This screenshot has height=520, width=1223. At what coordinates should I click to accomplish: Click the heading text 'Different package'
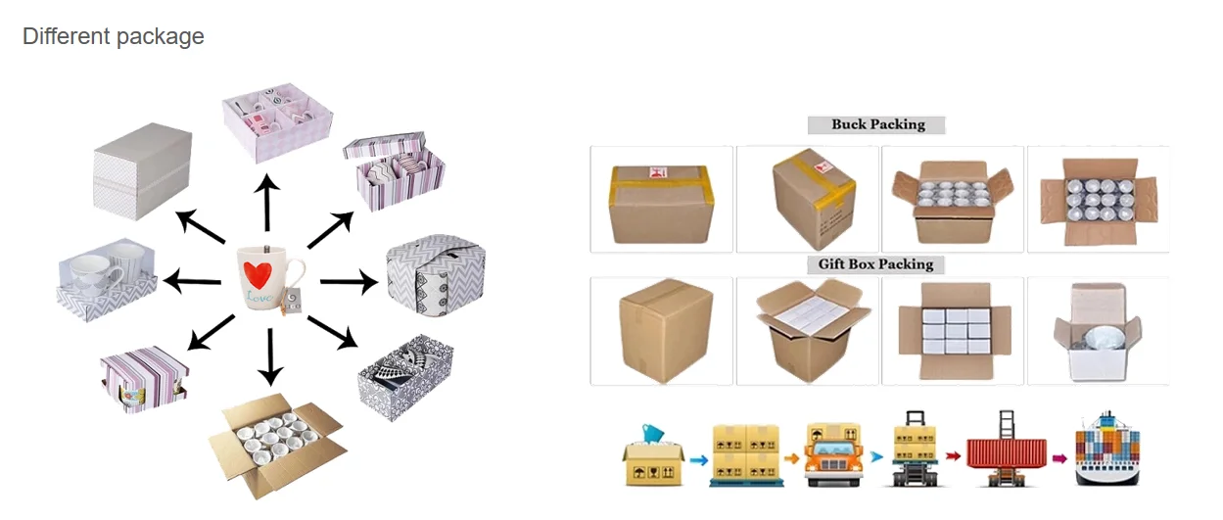click(x=114, y=37)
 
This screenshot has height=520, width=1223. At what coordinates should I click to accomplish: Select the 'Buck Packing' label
click(x=877, y=124)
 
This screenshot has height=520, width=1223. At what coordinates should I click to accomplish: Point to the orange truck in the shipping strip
click(x=832, y=455)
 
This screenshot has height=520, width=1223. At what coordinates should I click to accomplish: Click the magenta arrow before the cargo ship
click(x=1058, y=457)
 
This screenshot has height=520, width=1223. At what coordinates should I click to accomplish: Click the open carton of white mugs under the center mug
click(x=276, y=447)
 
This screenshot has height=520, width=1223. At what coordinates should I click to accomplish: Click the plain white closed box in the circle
click(x=142, y=169)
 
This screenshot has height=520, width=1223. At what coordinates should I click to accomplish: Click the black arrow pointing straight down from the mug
click(x=269, y=357)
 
